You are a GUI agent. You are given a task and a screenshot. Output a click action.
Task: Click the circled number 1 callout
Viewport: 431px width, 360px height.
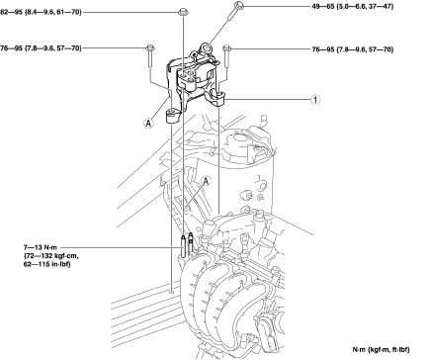[x=315, y=100]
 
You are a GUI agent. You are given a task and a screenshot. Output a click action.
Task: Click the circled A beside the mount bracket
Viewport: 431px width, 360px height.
[x=148, y=124]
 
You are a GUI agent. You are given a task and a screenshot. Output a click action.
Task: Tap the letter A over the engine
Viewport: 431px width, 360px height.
[x=207, y=181]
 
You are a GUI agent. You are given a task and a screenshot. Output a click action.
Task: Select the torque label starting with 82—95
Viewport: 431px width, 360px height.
[x=41, y=13]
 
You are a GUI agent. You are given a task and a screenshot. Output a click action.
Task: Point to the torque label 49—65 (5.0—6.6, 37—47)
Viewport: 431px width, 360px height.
[x=353, y=6]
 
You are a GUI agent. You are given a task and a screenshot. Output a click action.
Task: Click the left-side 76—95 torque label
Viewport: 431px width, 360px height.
[x=41, y=48]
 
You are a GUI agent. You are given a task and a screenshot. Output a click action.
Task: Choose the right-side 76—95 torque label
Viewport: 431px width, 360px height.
[x=353, y=49]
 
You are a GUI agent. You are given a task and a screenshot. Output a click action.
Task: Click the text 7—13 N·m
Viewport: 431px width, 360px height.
[x=41, y=247]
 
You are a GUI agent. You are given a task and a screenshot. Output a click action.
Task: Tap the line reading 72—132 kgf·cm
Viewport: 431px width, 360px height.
[x=51, y=256]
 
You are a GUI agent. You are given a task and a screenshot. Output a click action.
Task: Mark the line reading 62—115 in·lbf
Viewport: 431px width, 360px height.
[x=47, y=264]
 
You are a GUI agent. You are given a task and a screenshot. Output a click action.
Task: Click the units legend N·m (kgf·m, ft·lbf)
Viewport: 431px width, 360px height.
[x=382, y=350]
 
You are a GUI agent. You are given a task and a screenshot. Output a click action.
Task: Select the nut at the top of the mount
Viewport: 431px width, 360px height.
[x=183, y=13]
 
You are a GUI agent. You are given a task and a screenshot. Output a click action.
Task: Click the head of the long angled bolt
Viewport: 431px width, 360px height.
[x=239, y=5]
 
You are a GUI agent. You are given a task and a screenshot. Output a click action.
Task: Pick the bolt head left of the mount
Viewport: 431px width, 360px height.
[x=150, y=48]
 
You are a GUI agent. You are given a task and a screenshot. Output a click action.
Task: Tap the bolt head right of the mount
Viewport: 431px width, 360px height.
[x=227, y=48]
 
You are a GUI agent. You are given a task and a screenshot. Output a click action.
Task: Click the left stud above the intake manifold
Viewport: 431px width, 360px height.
[x=183, y=245]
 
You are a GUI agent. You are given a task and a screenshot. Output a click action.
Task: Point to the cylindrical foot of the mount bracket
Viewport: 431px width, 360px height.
[x=172, y=117]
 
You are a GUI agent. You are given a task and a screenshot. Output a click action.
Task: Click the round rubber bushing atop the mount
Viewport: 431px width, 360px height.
[x=207, y=48]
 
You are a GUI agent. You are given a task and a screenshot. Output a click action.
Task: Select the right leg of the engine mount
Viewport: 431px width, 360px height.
[x=216, y=98]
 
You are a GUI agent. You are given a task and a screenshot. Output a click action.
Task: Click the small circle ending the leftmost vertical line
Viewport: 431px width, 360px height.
[x=171, y=292]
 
